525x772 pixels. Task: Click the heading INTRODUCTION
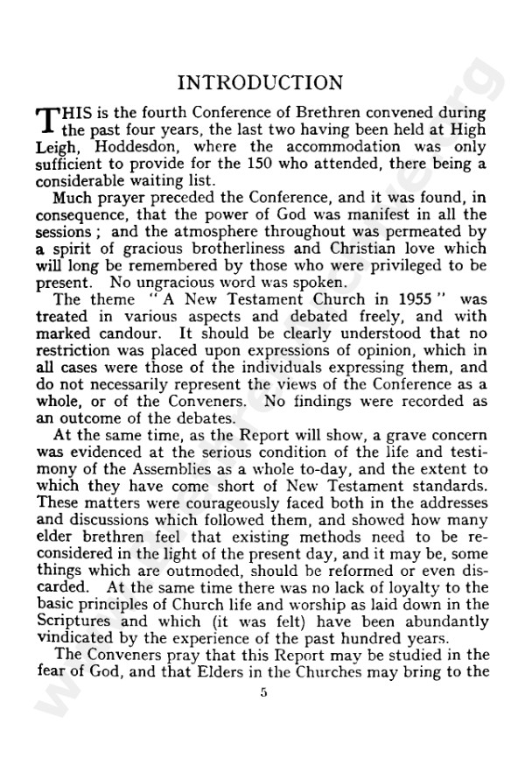click(x=261, y=83)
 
